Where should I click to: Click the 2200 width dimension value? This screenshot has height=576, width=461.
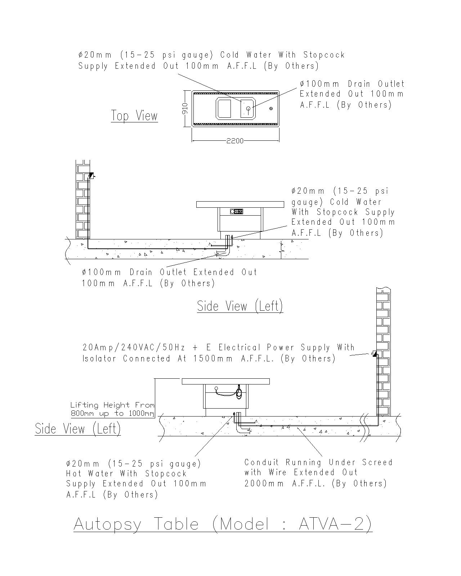[235, 141]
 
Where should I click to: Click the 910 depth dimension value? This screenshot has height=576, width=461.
[185, 108]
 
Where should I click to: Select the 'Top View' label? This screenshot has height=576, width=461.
[134, 116]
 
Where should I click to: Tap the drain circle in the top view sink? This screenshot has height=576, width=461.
[248, 108]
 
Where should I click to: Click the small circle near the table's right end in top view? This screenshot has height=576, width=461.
[271, 108]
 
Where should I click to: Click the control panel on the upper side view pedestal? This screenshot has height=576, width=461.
[237, 211]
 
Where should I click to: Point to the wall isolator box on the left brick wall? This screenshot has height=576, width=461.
[91, 176]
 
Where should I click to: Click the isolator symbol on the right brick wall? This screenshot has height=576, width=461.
[375, 354]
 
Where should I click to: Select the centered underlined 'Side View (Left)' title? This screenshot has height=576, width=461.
[240, 306]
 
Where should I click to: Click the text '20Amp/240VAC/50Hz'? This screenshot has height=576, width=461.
[134, 347]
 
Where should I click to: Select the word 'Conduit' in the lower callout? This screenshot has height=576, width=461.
[261, 462]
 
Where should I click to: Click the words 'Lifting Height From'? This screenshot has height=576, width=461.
[112, 405]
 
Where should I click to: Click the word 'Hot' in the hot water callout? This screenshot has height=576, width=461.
[74, 473]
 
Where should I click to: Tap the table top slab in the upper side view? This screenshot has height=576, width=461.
[240, 204]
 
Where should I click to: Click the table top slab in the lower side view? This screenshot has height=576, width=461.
[225, 381]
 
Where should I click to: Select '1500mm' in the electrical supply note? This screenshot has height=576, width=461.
[213, 359]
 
